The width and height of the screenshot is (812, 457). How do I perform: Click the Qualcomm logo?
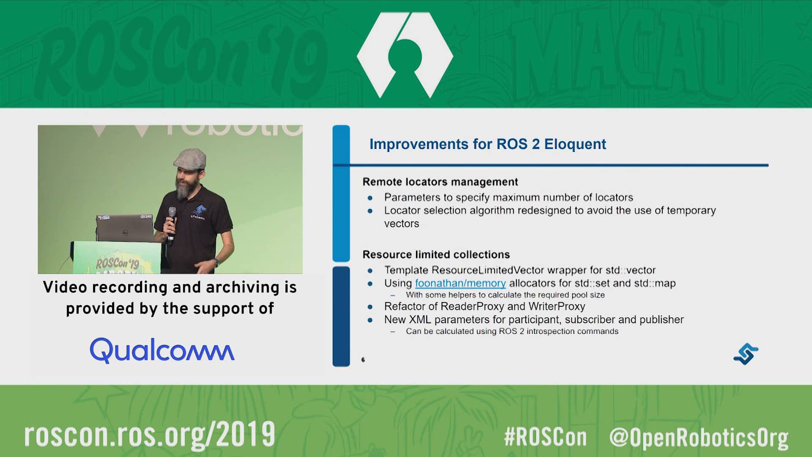[162, 350]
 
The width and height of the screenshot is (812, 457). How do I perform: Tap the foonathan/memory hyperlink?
[460, 283]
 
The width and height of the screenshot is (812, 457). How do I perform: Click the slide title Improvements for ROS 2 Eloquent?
[488, 144]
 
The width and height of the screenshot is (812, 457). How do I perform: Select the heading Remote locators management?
[440, 182]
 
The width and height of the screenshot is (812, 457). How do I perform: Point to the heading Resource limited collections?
[436, 254]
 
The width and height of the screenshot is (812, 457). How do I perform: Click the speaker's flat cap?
[190, 158]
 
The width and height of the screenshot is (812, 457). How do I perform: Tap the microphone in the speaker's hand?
[171, 224]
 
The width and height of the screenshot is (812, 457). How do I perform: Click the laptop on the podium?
[125, 228]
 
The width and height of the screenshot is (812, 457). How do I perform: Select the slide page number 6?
[363, 360]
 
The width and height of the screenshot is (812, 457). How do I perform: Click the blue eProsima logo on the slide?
[746, 354]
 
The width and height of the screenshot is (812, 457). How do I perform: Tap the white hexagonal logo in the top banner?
[405, 55]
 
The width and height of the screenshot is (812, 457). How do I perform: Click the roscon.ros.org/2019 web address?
[150, 435]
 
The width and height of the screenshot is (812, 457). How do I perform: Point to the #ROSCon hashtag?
[545, 437]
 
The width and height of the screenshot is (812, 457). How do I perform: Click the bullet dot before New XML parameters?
[370, 320]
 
